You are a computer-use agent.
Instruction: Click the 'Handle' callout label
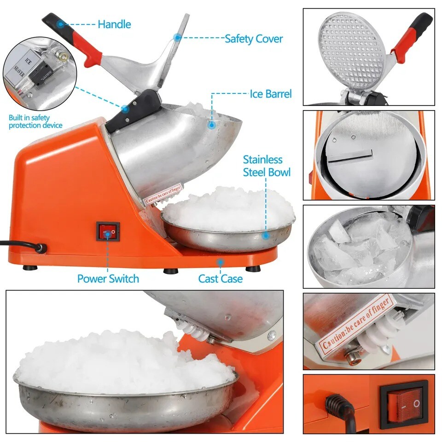pos(114,24)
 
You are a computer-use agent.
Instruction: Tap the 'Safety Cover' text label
pos(253,39)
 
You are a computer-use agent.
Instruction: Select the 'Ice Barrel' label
pos(271,94)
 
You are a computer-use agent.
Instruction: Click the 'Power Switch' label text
pos(108,278)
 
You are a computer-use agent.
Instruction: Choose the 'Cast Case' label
pos(220,279)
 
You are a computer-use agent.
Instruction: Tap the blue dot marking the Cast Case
pos(220,262)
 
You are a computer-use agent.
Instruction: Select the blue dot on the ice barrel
pos(211,124)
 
